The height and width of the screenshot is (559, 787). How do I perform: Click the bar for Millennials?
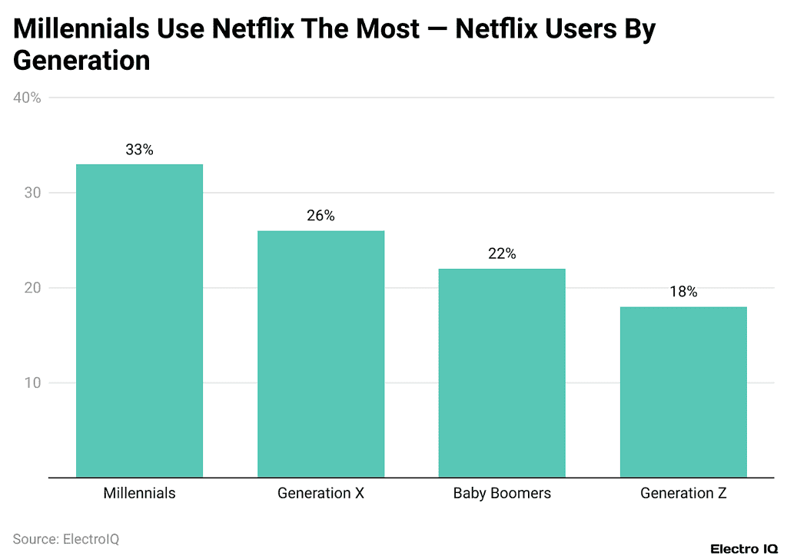139,320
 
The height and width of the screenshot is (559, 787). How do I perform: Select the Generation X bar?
320,354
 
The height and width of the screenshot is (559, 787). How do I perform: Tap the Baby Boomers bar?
502,372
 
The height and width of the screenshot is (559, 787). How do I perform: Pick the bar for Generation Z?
683,392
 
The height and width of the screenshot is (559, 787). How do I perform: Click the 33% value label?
139,150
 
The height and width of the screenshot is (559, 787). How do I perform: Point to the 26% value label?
320,217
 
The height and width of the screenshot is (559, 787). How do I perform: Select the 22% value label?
502,254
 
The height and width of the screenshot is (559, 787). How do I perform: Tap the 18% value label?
683,293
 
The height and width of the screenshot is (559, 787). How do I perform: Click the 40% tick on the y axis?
27,98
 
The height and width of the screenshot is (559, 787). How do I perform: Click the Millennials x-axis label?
139,494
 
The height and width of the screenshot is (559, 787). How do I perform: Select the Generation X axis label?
320,494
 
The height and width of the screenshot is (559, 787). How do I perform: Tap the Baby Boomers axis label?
502,494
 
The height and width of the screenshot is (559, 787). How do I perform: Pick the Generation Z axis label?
683,494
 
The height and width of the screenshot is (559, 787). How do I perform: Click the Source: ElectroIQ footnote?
66,540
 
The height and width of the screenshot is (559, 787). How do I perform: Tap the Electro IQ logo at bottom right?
744,549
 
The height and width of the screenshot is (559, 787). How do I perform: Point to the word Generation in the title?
81,61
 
